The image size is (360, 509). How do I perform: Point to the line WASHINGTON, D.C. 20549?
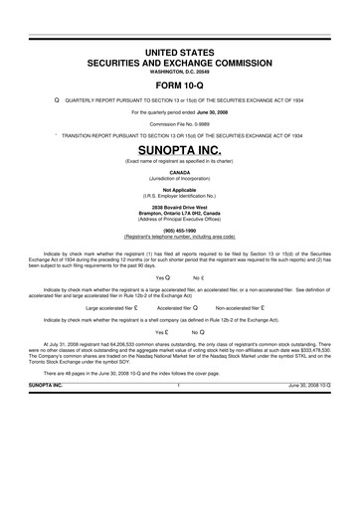click(180, 71)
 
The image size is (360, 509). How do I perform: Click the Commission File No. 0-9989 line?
click(180, 124)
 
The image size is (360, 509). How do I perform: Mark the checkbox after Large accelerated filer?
click(141, 308)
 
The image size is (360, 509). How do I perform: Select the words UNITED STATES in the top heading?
click(180, 50)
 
